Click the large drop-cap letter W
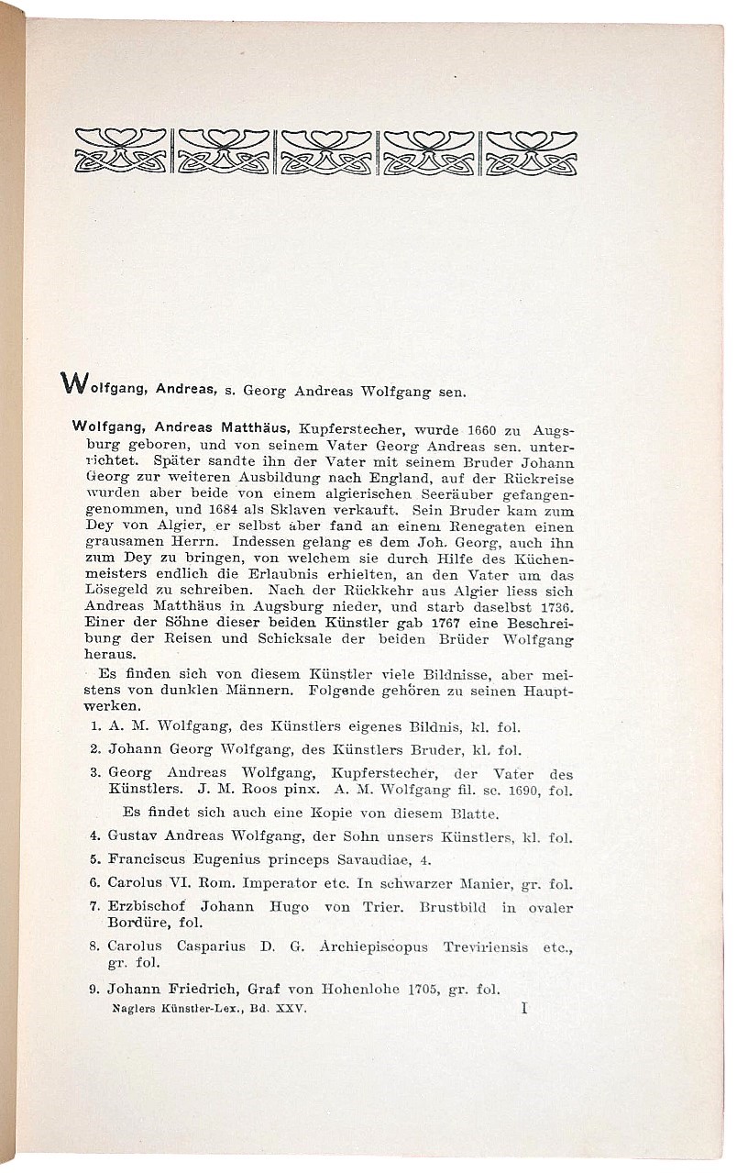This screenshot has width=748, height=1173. point(73,382)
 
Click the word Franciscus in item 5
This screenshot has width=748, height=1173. point(147,860)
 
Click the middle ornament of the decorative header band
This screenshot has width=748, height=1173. point(326,151)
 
